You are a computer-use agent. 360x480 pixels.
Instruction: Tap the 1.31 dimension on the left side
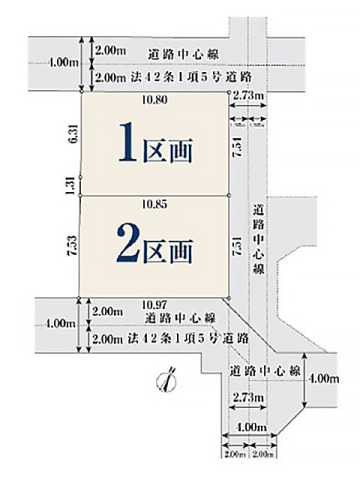[x=68, y=183]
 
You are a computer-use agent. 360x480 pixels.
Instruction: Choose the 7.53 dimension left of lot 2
[x=68, y=246]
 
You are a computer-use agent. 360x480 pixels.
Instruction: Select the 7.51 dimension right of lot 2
[x=237, y=246]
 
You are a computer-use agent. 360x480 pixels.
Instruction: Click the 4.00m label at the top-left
[x=61, y=62]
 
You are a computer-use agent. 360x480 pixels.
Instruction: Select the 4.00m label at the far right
[x=325, y=378]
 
